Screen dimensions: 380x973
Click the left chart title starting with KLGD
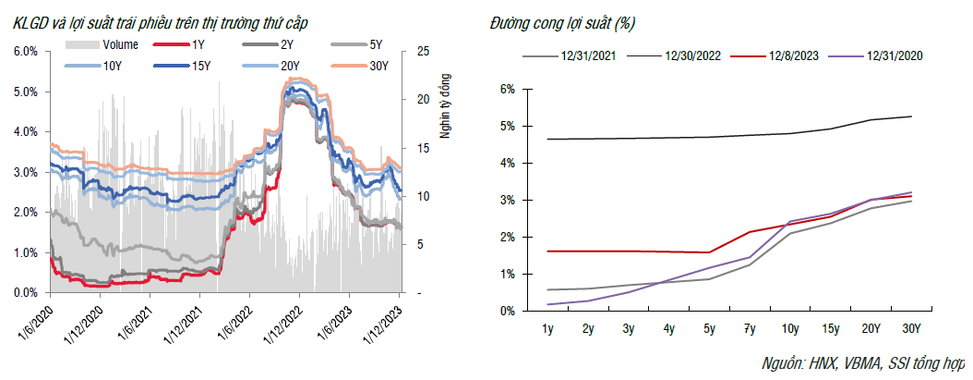(x=175, y=21)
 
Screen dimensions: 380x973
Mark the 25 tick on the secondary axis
(x=421, y=51)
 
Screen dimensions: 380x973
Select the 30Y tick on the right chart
(x=910, y=327)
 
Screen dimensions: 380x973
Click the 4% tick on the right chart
(x=506, y=163)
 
